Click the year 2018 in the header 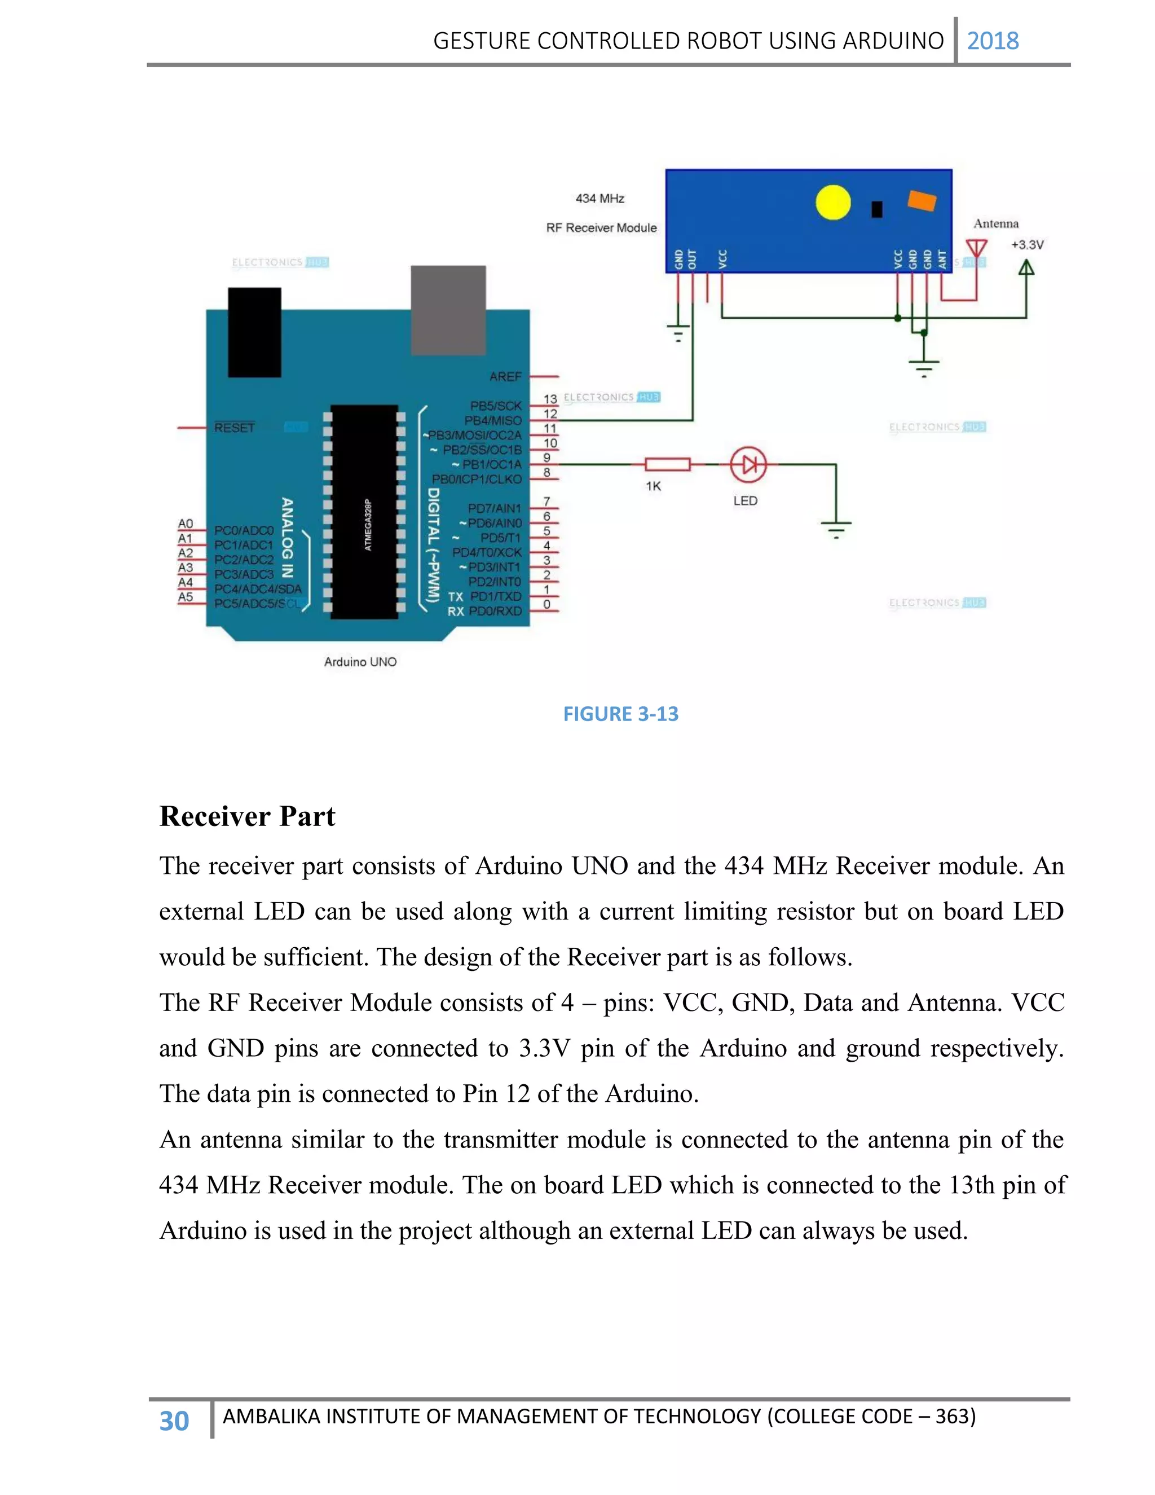coord(992,41)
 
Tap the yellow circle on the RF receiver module coord(833,203)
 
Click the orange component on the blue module coord(921,201)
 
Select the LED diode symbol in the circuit coord(748,465)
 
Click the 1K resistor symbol coord(667,465)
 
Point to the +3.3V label coord(1027,245)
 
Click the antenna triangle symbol coord(976,248)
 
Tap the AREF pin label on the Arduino coord(505,376)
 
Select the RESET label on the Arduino coord(234,428)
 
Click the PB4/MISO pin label coord(493,420)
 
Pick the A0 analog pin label coord(186,524)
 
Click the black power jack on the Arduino coord(254,332)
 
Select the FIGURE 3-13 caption coord(620,714)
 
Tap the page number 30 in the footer coord(174,1421)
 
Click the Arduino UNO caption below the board coord(360,662)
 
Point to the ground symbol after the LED coord(836,529)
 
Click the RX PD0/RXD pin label coord(484,612)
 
